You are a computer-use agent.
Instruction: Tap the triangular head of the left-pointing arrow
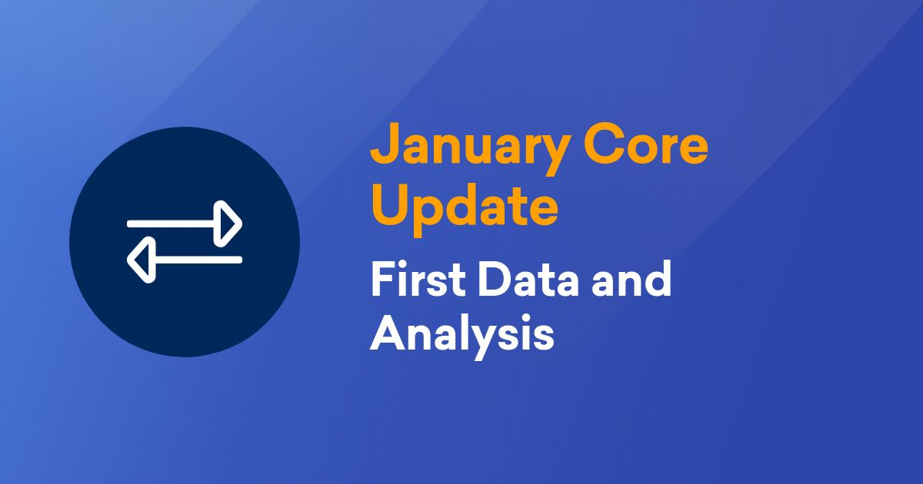(x=140, y=260)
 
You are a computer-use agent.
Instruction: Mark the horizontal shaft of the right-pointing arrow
(x=173, y=224)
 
